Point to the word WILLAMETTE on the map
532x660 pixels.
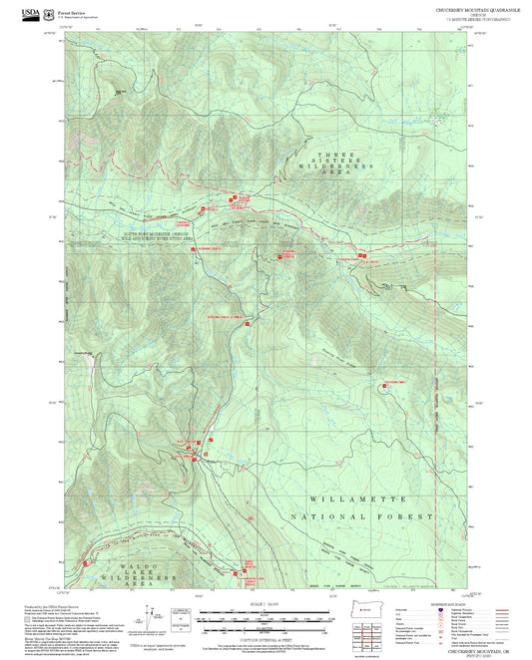click(x=358, y=496)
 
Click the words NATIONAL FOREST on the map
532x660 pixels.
click(x=361, y=518)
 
